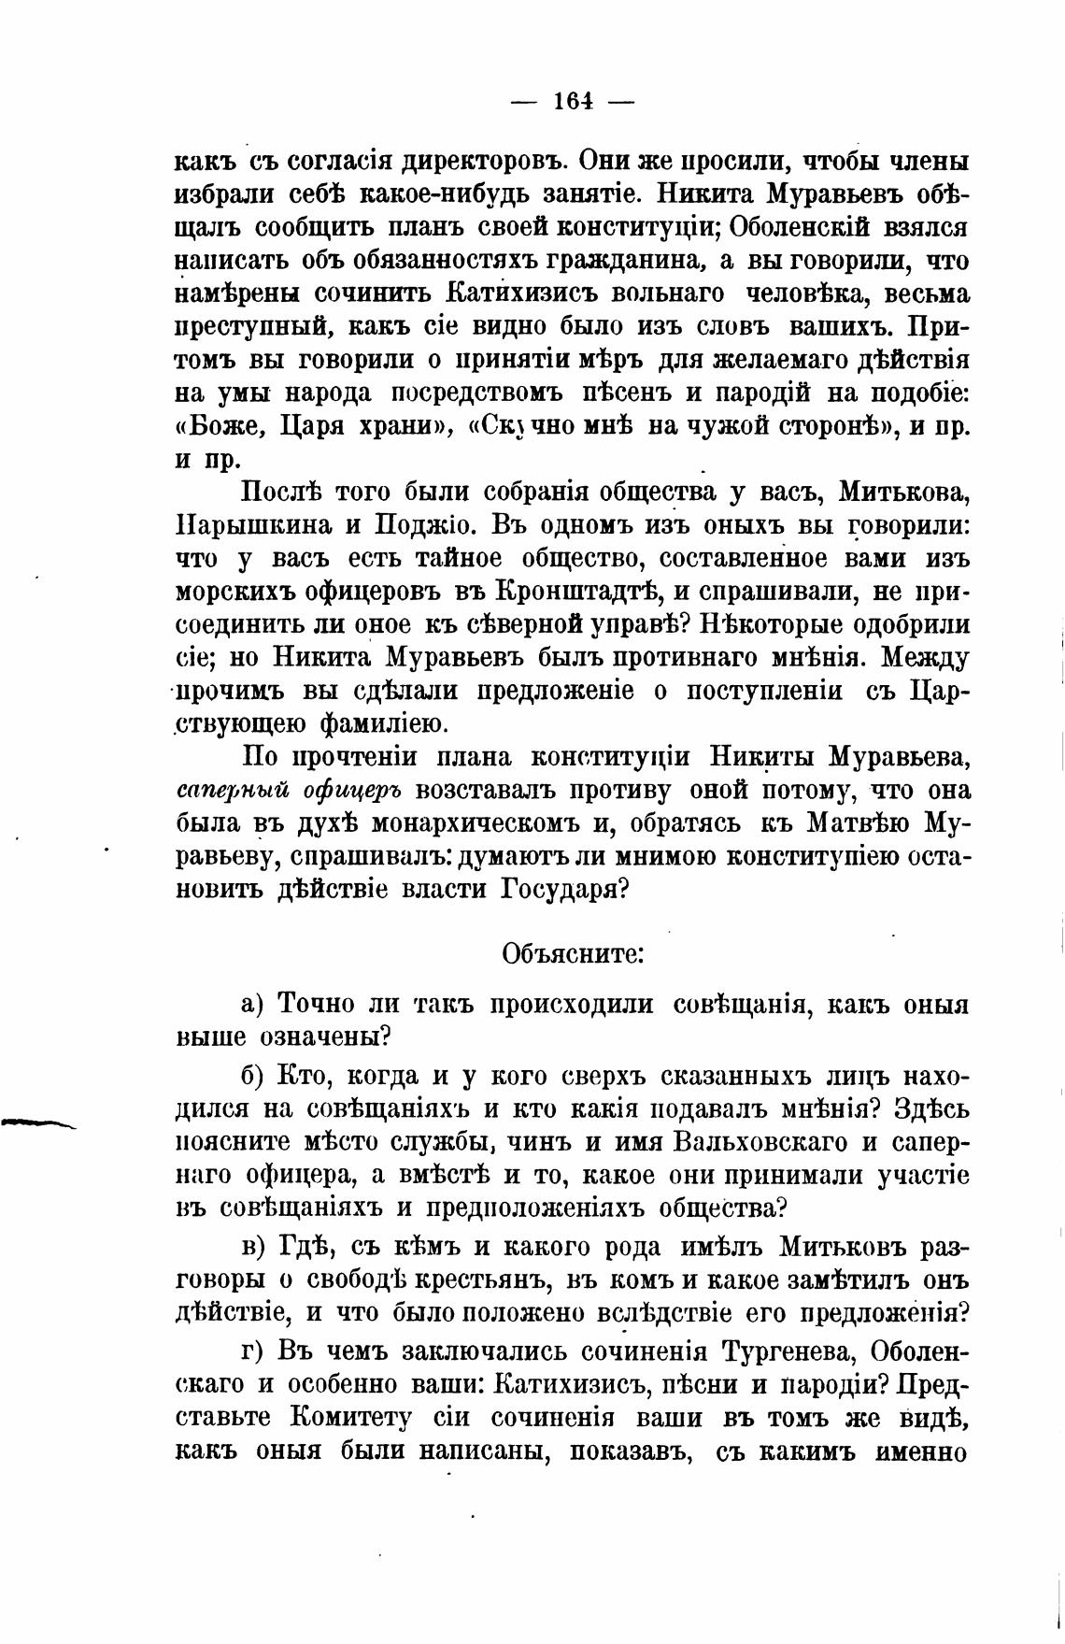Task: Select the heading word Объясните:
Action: pos(572,954)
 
